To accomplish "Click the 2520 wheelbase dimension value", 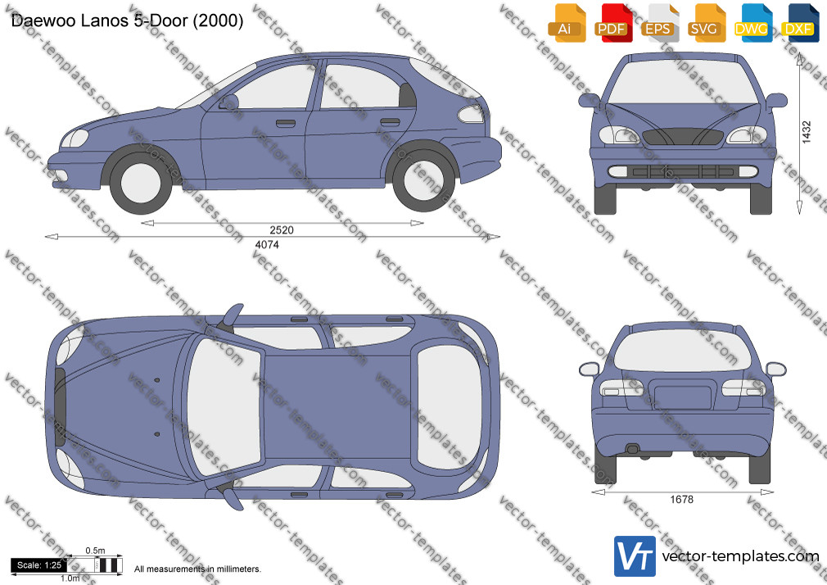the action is click(x=281, y=230).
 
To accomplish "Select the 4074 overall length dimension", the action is click(x=267, y=245).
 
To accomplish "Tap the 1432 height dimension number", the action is click(x=807, y=133).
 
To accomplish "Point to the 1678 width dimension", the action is click(x=681, y=500).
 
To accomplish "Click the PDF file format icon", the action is click(x=612, y=23).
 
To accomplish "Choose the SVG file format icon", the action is click(x=705, y=23).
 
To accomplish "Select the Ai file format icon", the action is click(x=566, y=23).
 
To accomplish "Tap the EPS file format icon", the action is click(x=658, y=23).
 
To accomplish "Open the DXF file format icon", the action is click(x=800, y=23).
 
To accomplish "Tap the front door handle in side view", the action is click(x=285, y=124).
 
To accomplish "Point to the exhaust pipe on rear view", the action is click(x=632, y=449).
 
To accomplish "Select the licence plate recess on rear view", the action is click(x=683, y=394).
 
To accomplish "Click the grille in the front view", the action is click(x=683, y=137).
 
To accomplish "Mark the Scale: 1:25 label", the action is click(x=39, y=565).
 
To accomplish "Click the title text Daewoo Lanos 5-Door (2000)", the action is click(x=127, y=20).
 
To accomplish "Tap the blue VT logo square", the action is click(x=635, y=556).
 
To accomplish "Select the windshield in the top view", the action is click(x=225, y=406).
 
